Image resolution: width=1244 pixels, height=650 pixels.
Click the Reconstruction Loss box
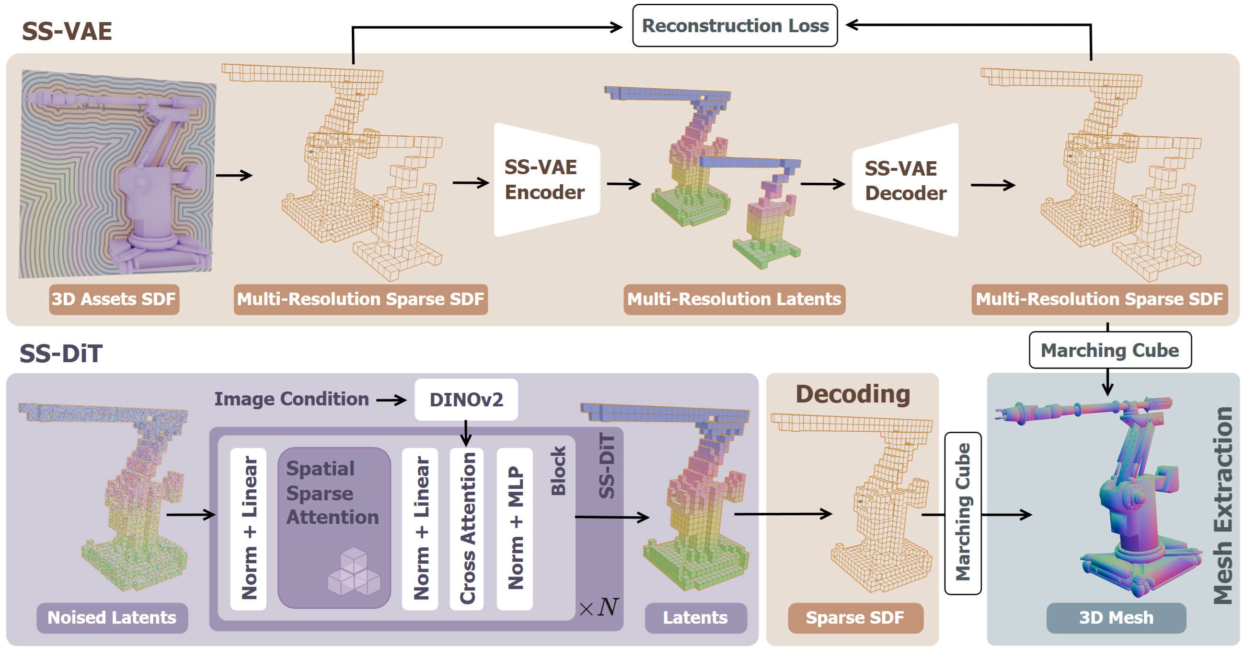(735, 25)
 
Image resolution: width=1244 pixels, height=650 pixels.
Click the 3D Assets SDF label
(114, 299)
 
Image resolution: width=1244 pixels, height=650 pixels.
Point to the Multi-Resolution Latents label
(734, 299)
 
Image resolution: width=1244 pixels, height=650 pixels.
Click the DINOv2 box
(466, 400)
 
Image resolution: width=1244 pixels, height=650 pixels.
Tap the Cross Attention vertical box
(467, 528)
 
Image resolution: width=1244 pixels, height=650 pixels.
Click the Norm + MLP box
(515, 528)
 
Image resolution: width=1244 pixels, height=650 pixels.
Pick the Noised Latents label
(112, 618)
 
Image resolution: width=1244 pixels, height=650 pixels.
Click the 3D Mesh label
(1116, 618)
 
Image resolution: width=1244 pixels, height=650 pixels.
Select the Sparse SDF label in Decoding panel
(855, 618)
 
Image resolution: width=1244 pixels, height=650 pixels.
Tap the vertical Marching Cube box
(962, 513)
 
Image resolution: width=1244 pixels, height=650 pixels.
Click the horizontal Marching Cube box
(1110, 350)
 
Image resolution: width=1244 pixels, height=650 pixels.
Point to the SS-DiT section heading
(61, 353)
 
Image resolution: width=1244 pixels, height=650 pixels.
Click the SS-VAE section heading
(67, 31)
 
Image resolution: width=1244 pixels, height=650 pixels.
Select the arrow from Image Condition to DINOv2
(391, 400)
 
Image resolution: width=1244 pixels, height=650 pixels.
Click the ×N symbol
(599, 607)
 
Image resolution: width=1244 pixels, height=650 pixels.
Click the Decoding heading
(852, 394)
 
